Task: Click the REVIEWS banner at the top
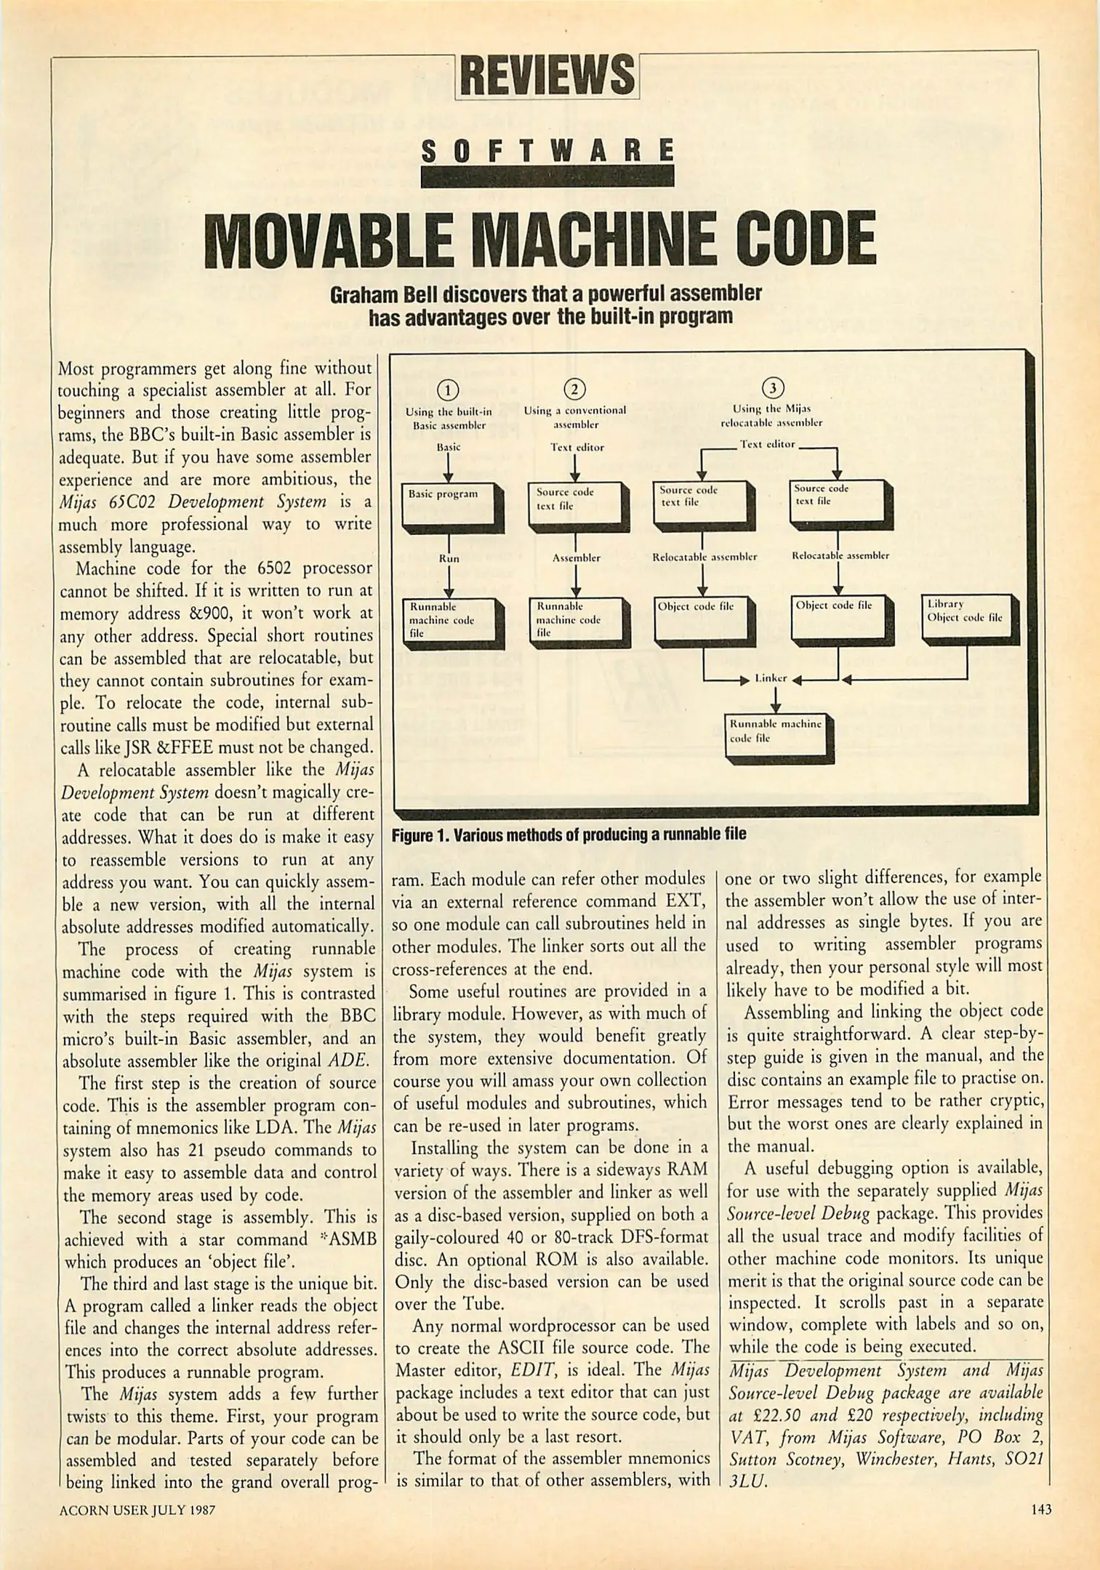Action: [547, 76]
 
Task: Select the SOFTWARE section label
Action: [547, 152]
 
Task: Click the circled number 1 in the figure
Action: [448, 390]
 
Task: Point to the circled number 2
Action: [574, 390]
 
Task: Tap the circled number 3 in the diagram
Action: [772, 387]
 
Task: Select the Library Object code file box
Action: [968, 618]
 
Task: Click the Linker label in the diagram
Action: [771, 678]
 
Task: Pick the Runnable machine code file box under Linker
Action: [776, 737]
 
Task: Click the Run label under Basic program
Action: [449, 558]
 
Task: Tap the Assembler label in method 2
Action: [576, 558]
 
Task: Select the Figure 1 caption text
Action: [569, 834]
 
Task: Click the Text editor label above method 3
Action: [768, 444]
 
